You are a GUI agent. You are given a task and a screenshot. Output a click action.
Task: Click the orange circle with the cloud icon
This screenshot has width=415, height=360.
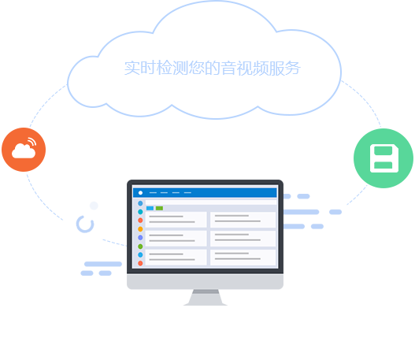click(24, 150)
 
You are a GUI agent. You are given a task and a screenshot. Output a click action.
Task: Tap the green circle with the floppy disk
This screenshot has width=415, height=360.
click(384, 158)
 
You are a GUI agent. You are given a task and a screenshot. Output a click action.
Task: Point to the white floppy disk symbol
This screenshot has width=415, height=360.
click(384, 158)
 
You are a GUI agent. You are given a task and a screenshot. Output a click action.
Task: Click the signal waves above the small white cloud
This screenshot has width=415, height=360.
click(31, 142)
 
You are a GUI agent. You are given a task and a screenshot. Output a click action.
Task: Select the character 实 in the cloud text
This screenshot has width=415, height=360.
click(132, 68)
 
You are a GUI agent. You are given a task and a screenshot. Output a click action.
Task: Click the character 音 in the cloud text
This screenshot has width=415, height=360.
click(228, 68)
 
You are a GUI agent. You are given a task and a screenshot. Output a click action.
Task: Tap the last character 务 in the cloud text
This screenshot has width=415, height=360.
click(292, 68)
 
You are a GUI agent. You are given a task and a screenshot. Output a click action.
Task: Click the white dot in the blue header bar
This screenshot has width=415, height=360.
click(140, 193)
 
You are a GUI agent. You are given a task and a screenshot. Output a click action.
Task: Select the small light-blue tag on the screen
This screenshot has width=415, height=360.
click(150, 208)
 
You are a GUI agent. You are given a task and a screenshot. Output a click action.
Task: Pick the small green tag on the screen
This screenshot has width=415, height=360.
click(159, 208)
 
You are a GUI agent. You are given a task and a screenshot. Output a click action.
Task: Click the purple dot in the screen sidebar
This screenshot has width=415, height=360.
click(140, 237)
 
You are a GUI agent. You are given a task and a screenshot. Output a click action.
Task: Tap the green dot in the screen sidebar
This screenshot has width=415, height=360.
click(140, 247)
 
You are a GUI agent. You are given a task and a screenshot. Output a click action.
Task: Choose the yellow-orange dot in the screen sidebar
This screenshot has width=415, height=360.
click(140, 229)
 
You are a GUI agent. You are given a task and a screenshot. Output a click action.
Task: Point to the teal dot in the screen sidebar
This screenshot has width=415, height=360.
click(140, 212)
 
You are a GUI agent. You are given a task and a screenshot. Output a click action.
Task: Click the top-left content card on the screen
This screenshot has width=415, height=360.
click(176, 220)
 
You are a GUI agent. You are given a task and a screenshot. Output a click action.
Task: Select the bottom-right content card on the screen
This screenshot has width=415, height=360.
click(243, 258)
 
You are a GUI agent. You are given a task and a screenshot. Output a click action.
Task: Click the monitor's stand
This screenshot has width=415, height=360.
click(206, 297)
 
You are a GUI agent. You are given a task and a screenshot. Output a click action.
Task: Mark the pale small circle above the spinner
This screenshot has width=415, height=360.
click(94, 206)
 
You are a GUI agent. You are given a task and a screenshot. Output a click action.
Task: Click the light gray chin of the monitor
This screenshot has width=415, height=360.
click(205, 282)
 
